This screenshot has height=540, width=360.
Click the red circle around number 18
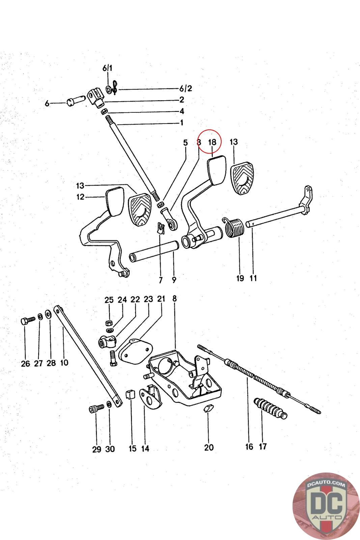click(x=209, y=142)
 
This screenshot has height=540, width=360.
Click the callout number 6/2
click(x=186, y=89)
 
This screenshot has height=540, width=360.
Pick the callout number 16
click(x=249, y=447)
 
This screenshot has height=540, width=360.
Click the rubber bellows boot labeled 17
click(x=270, y=407)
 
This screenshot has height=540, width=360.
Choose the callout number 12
click(x=80, y=197)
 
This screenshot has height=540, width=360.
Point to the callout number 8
click(x=174, y=298)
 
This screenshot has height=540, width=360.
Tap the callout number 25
click(x=109, y=300)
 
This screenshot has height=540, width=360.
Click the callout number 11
click(x=253, y=278)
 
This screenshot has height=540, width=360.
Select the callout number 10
click(x=64, y=363)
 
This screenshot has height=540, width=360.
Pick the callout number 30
click(x=110, y=449)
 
